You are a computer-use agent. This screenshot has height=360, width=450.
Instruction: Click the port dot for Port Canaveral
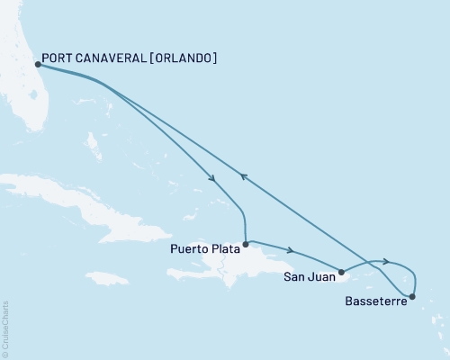pyautogui.click(x=37, y=65)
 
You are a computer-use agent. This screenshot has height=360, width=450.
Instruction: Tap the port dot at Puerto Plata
pyautogui.click(x=245, y=243)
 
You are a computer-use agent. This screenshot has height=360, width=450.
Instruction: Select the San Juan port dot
pyautogui.click(x=340, y=271)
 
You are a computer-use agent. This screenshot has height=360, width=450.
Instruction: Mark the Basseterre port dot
pyautogui.click(x=413, y=296)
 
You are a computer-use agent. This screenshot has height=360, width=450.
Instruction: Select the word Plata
pyautogui.click(x=224, y=251)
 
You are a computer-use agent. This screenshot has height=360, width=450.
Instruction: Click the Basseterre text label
pyautogui.click(x=375, y=302)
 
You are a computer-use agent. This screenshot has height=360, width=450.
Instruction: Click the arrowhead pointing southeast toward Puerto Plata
pyautogui.click(x=213, y=178)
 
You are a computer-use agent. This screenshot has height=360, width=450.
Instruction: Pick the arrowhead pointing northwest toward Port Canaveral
pyautogui.click(x=242, y=176)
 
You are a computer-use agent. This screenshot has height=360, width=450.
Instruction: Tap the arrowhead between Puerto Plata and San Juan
pyautogui.click(x=290, y=250)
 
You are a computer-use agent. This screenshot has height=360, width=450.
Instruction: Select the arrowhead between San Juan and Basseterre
pyautogui.click(x=386, y=261)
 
